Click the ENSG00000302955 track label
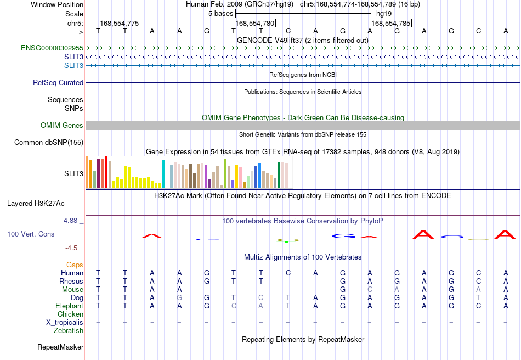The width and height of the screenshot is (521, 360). tap(52, 48)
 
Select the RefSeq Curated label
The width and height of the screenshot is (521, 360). tap(58, 82)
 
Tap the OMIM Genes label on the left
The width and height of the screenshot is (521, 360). tap(62, 125)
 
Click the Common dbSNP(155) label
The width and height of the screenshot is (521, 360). tap(49, 142)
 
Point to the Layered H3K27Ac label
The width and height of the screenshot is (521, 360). tap(36, 203)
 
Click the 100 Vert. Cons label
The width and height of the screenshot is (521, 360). tap(31, 234)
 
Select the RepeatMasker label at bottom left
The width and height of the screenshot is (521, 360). tap(60, 347)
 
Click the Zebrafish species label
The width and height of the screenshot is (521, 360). tap(69, 330)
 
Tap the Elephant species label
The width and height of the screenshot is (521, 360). tap(70, 306)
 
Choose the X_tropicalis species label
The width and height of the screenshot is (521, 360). tap(65, 323)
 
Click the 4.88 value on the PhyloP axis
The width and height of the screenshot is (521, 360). tap(70, 221)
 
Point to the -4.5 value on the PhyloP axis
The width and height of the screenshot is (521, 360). tap(71, 248)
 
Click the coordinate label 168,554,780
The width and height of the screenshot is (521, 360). tap(255, 23)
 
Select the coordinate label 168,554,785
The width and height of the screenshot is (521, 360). tap(391, 23)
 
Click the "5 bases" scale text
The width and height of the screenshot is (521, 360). tap(220, 14)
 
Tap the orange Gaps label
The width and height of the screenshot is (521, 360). tap(75, 265)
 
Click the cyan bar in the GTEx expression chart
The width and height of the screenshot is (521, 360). tap(163, 174)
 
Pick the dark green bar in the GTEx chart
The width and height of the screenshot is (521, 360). tap(279, 175)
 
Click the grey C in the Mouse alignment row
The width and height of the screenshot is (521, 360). tap(370, 289)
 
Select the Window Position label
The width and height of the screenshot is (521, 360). tap(57, 4)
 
